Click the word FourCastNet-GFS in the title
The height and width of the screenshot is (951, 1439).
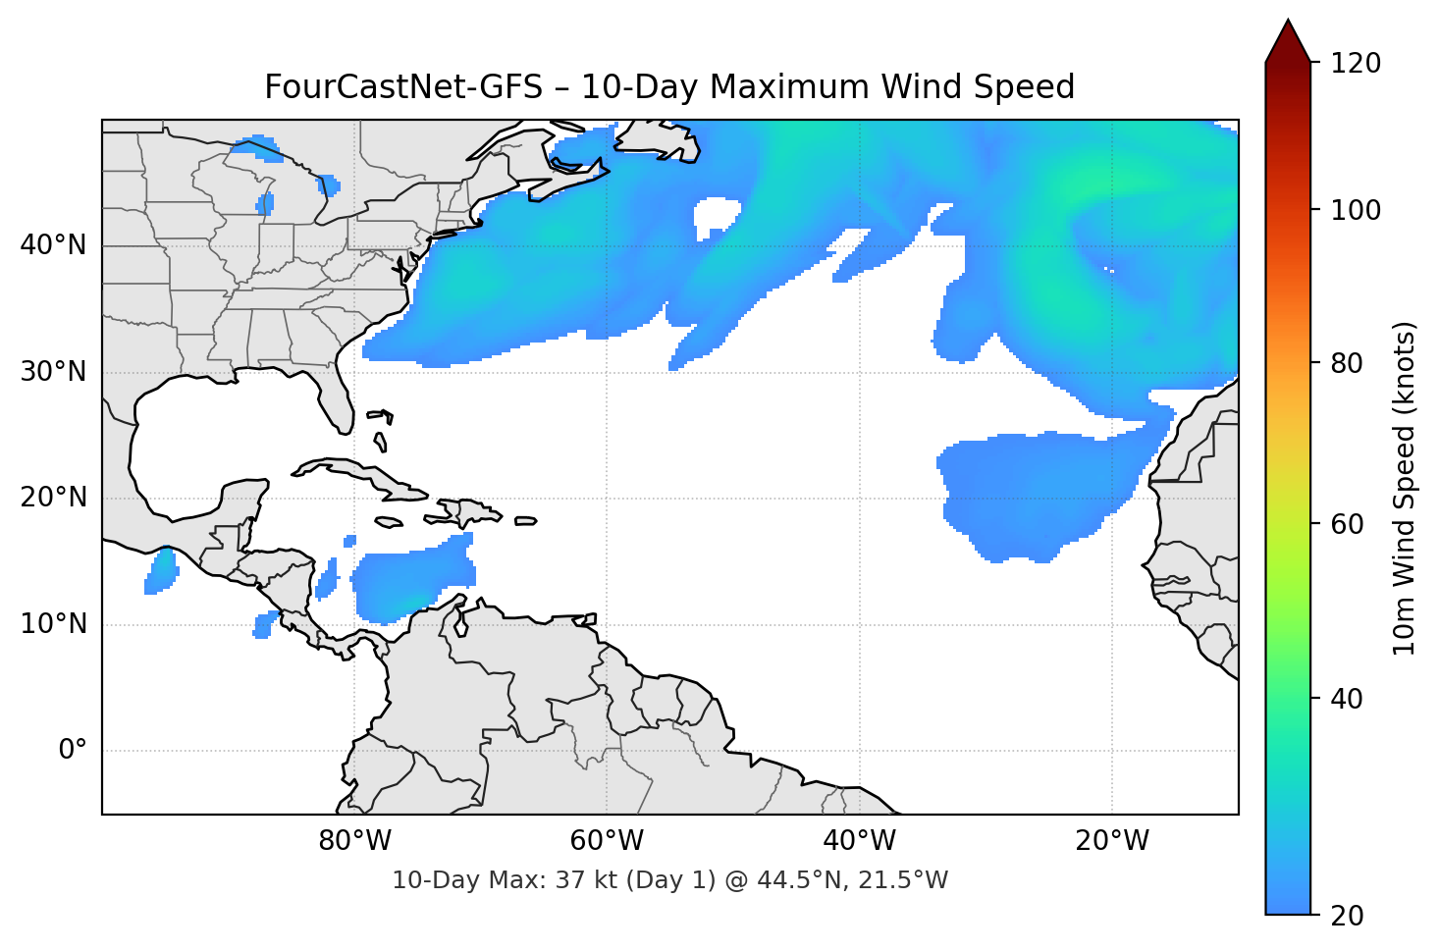402,87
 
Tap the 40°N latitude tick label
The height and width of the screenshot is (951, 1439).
53,245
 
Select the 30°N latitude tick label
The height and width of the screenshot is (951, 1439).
53,372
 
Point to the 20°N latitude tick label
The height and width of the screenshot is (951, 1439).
53,498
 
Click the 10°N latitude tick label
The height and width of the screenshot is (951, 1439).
53,624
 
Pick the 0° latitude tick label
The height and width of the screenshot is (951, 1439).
73,751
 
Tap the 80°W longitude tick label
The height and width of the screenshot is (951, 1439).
354,841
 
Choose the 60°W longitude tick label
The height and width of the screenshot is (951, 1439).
607,841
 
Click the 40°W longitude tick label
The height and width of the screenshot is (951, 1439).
859,841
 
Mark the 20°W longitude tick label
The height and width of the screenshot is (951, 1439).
1111,841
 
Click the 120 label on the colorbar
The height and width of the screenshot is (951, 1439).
1356,64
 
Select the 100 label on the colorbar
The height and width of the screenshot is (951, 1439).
1356,210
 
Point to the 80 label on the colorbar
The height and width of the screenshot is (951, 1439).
1347,363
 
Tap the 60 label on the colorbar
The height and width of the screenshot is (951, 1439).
1347,524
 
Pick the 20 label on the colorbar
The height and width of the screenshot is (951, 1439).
1347,916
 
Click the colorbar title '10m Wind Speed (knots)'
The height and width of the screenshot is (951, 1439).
1405,488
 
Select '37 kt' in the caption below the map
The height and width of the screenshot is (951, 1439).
585,880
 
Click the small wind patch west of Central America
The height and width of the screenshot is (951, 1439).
161,571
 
